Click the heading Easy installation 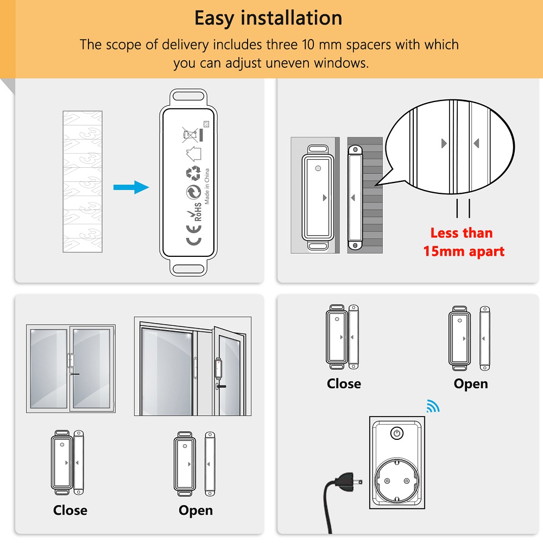(268, 18)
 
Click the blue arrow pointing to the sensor (131, 187)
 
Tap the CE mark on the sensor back (193, 239)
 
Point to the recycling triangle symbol (193, 173)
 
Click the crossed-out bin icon (189, 134)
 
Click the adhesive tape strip (82, 181)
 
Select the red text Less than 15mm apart (463, 242)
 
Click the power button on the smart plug (397, 433)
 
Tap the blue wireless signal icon (433, 406)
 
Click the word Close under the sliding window (70, 510)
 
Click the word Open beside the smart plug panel (470, 383)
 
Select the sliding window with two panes (71, 369)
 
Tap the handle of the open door (218, 386)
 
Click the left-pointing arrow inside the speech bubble (476, 143)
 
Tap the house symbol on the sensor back (194, 152)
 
